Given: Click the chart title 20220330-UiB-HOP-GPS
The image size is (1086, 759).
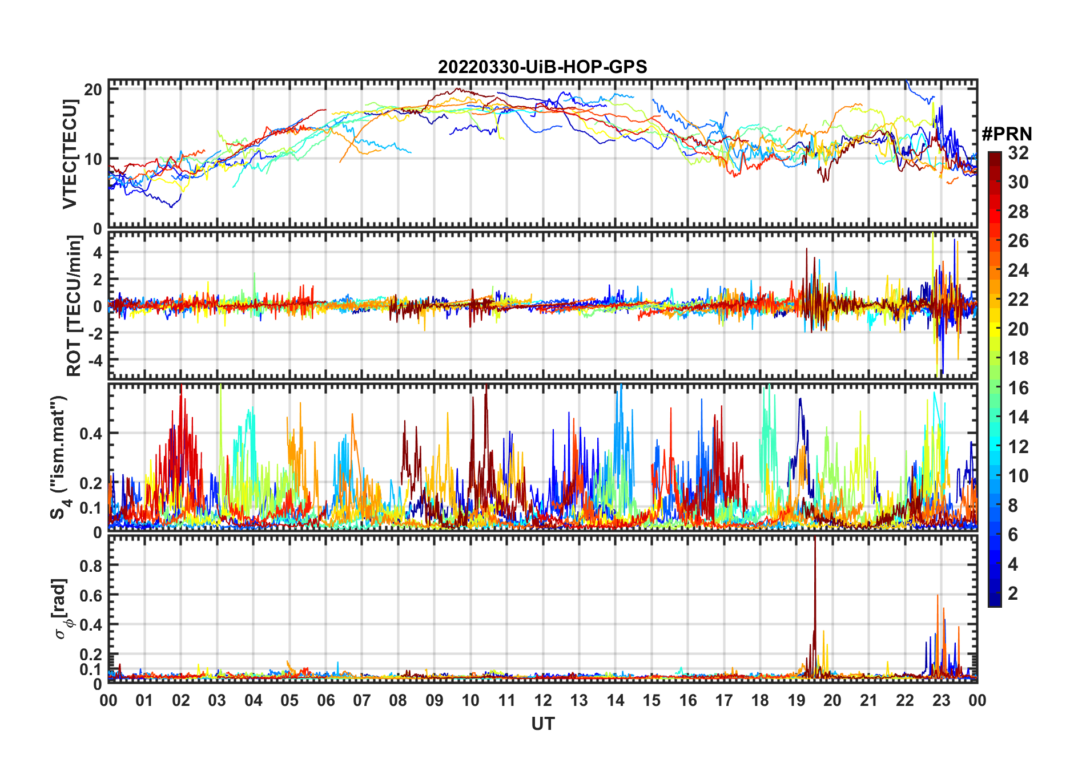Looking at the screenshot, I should (x=542, y=67).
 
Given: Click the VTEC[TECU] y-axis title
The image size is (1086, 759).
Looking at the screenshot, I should (x=70, y=154).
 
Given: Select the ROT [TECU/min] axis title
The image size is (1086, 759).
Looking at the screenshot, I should (x=74, y=306).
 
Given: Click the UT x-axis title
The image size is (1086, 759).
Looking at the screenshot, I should (x=542, y=724).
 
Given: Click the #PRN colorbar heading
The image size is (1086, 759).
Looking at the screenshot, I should (x=1007, y=134).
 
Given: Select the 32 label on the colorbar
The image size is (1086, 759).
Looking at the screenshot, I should (x=1018, y=153).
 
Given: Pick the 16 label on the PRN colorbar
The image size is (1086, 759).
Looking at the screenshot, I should (x=1018, y=388).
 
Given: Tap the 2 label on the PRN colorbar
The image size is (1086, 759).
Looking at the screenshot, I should (x=1013, y=594).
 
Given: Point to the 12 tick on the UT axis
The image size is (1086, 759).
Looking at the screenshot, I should (x=542, y=700).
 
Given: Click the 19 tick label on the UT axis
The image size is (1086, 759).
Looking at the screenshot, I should (x=796, y=700).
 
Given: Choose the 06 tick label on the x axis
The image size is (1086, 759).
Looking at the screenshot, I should (x=325, y=700).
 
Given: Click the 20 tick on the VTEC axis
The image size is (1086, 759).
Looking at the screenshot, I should (x=93, y=90).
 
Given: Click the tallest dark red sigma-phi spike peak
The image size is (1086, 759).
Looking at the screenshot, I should (x=815, y=540).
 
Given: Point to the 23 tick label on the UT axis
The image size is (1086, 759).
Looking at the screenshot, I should (x=941, y=700).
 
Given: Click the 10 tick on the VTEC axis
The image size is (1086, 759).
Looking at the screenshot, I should (x=93, y=159).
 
